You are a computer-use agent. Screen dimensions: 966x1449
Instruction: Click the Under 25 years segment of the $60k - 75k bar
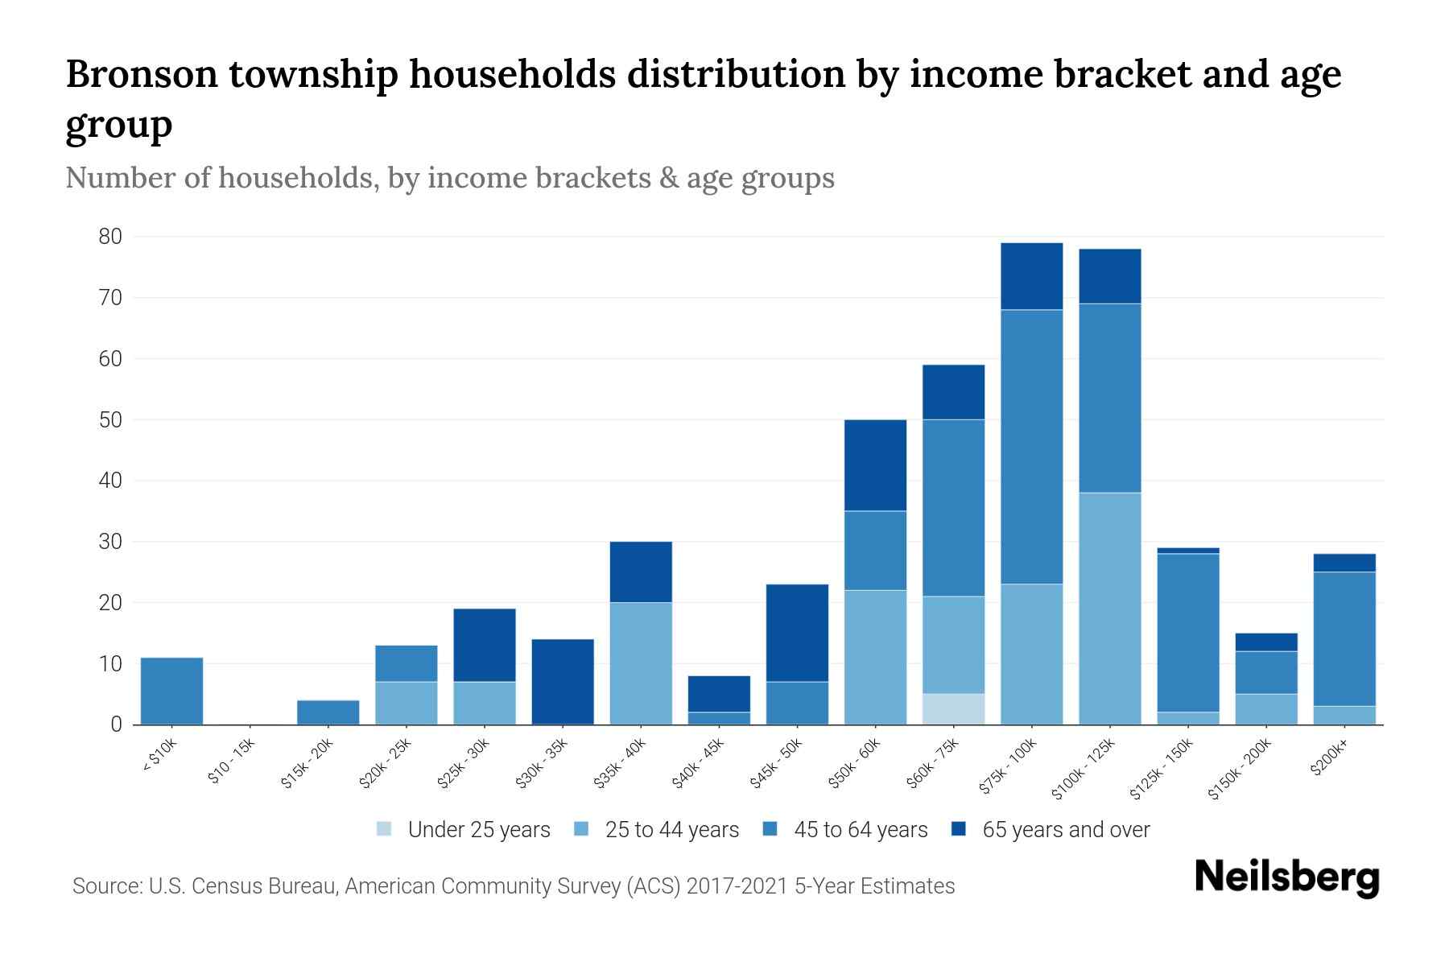(954, 709)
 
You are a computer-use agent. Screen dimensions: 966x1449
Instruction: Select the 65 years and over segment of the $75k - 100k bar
(1031, 276)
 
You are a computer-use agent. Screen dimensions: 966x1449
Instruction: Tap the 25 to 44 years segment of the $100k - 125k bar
(1110, 609)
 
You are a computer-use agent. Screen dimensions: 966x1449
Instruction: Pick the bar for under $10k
(171, 691)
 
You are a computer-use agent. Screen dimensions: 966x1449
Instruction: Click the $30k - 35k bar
(563, 682)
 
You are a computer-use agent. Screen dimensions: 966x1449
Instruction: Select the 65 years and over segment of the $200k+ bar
(1344, 563)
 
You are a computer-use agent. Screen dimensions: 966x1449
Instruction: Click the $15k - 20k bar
(328, 712)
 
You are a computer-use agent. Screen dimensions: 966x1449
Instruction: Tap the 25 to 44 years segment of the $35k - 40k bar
(641, 663)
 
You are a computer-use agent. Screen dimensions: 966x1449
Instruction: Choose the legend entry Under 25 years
(464, 830)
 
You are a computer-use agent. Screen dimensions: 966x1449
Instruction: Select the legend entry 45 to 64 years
(845, 830)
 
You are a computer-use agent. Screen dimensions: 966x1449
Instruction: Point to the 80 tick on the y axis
(110, 237)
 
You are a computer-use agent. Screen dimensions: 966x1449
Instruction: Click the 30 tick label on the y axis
(110, 542)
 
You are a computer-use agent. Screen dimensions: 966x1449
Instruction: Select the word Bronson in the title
(142, 74)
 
